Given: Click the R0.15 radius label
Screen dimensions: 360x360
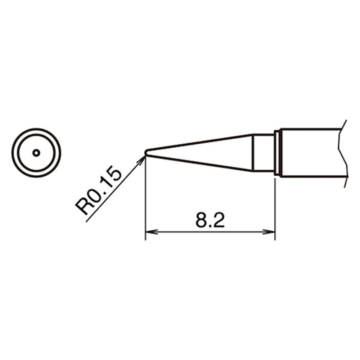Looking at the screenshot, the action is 98,190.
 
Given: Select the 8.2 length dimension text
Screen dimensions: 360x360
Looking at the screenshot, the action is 210,220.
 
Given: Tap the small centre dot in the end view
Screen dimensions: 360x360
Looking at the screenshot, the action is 36,153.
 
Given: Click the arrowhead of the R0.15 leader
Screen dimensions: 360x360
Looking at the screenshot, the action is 141,160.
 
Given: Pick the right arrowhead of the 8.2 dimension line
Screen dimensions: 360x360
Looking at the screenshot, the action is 269,232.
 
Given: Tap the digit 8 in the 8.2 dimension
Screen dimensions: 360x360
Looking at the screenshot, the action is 201,220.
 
